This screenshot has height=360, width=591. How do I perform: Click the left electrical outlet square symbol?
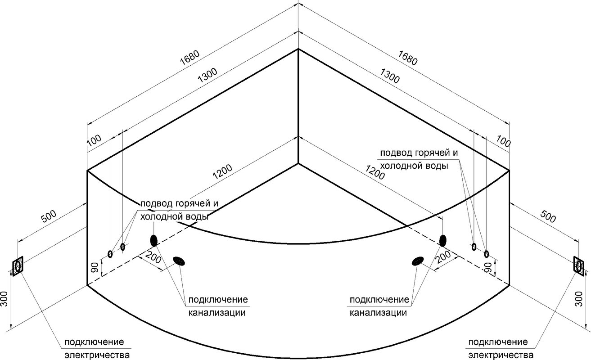click(x=18, y=266)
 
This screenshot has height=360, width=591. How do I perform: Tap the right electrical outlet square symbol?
click(x=579, y=266)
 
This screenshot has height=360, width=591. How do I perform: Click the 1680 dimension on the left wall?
click(x=189, y=58)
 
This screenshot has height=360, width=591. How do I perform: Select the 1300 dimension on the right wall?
click(x=390, y=76)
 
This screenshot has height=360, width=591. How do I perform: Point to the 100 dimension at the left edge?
click(x=94, y=141)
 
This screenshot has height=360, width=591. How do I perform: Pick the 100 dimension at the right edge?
click(x=503, y=141)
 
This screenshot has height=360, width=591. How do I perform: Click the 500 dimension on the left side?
click(x=49, y=216)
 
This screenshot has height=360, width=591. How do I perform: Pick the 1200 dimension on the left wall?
click(x=222, y=172)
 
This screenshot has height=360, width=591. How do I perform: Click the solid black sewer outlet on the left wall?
click(x=153, y=240)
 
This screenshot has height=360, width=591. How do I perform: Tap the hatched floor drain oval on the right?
click(x=418, y=261)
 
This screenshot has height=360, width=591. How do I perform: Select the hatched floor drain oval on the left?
click(x=179, y=261)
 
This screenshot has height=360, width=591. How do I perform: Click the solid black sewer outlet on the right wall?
click(x=443, y=240)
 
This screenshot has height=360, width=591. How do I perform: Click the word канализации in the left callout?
click(x=217, y=313)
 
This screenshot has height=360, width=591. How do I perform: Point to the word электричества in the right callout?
click(x=501, y=355)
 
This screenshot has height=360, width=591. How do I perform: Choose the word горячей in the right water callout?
click(x=431, y=153)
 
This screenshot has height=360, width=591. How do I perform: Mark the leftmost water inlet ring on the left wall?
click(x=110, y=254)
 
